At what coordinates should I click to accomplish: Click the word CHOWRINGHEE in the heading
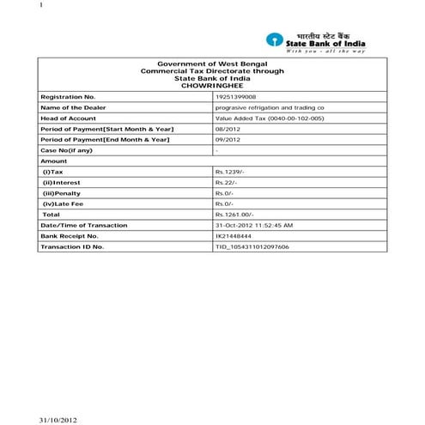(211, 85)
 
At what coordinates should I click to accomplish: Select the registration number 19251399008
(237, 98)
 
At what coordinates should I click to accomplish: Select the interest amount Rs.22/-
(227, 182)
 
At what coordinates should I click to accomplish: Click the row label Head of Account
(68, 118)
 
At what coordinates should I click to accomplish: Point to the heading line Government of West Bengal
(211, 64)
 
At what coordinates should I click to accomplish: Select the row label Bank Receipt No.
(70, 235)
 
